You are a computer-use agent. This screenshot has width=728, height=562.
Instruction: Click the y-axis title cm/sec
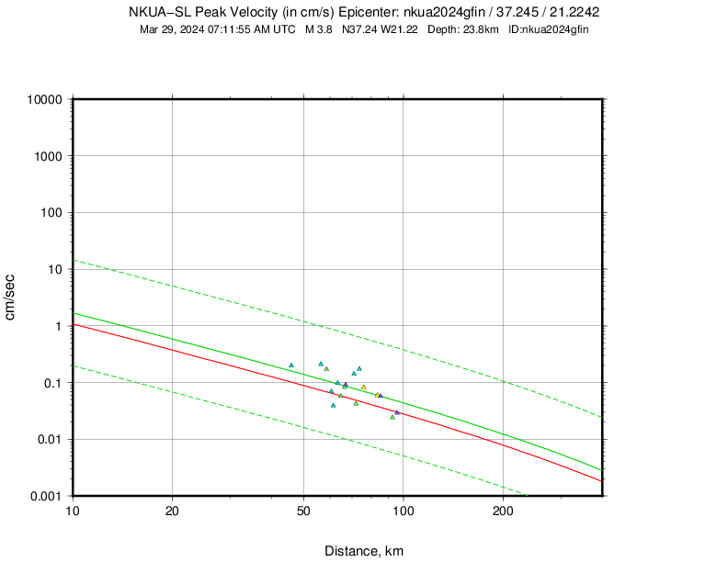pos(11,298)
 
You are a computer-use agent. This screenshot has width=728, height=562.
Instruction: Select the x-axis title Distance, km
pos(364,551)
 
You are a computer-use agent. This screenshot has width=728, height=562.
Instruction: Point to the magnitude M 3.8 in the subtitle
pos(318,29)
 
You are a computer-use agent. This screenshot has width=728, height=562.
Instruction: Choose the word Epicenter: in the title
pos(369,12)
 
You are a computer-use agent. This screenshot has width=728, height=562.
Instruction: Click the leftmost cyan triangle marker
pos(291,365)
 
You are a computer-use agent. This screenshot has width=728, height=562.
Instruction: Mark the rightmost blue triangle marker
pos(397,412)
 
